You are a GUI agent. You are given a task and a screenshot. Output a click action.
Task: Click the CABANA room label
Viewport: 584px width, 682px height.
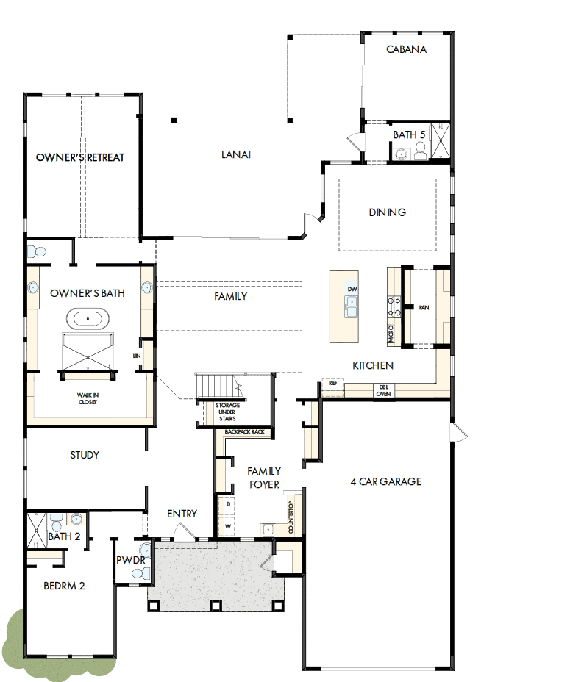(x=407, y=50)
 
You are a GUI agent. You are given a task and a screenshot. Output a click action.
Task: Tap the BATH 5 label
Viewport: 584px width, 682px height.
(x=409, y=134)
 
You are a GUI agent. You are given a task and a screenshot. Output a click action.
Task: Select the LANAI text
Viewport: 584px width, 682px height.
(x=236, y=154)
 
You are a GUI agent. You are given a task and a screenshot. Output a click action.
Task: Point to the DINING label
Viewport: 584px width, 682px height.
(x=388, y=212)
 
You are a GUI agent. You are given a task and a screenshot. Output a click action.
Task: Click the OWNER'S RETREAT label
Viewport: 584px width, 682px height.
(x=80, y=157)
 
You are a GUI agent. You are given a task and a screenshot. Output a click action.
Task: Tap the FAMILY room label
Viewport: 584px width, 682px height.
(x=230, y=296)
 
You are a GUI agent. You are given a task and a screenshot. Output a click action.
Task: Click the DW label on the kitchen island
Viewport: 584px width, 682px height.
(x=352, y=290)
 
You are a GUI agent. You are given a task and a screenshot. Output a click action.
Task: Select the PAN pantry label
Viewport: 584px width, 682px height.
(x=424, y=307)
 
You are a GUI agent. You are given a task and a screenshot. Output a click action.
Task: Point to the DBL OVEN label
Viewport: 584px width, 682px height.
(x=384, y=390)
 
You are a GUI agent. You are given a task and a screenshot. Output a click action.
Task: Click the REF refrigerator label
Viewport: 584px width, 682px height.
(x=333, y=384)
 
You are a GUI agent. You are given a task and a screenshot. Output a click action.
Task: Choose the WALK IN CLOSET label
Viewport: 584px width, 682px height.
(x=88, y=398)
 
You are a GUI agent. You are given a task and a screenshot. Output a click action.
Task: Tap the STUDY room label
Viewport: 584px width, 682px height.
(x=85, y=455)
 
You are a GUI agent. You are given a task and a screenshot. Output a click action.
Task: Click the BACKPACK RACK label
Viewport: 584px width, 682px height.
(x=245, y=432)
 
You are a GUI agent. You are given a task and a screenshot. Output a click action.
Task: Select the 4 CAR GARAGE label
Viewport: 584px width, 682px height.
(x=386, y=481)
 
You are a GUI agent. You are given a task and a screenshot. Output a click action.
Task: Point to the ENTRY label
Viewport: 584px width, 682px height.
(x=182, y=514)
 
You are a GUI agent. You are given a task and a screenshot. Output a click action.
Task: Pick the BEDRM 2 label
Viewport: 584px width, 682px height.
(x=64, y=586)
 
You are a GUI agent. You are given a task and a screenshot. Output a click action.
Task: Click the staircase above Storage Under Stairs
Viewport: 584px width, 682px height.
(x=218, y=385)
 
